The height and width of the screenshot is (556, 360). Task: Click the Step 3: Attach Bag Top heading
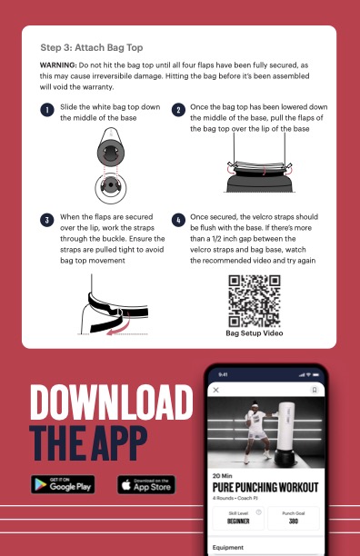click(92, 47)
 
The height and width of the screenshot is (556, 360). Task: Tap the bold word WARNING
click(58, 65)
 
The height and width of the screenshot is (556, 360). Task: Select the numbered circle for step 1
click(47, 110)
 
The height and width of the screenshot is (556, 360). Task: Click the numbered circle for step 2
click(178, 110)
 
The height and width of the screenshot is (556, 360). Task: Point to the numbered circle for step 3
click(47, 220)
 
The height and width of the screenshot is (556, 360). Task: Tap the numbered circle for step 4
click(178, 220)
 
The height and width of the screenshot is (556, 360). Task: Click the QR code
click(255, 301)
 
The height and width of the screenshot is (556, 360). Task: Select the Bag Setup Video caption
click(255, 333)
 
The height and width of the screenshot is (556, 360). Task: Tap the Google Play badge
click(63, 484)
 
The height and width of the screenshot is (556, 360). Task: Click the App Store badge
click(146, 485)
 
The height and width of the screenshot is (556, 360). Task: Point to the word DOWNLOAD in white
click(112, 402)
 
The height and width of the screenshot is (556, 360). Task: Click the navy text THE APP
click(88, 442)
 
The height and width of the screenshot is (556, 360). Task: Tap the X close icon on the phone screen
click(215, 390)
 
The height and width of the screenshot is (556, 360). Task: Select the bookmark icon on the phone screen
click(315, 390)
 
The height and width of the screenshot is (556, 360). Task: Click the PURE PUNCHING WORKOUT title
click(265, 487)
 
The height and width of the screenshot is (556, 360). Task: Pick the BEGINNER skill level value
click(238, 521)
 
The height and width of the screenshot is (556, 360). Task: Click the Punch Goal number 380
click(294, 521)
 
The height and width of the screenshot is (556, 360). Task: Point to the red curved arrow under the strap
click(118, 326)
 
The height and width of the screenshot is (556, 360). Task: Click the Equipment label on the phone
click(228, 548)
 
